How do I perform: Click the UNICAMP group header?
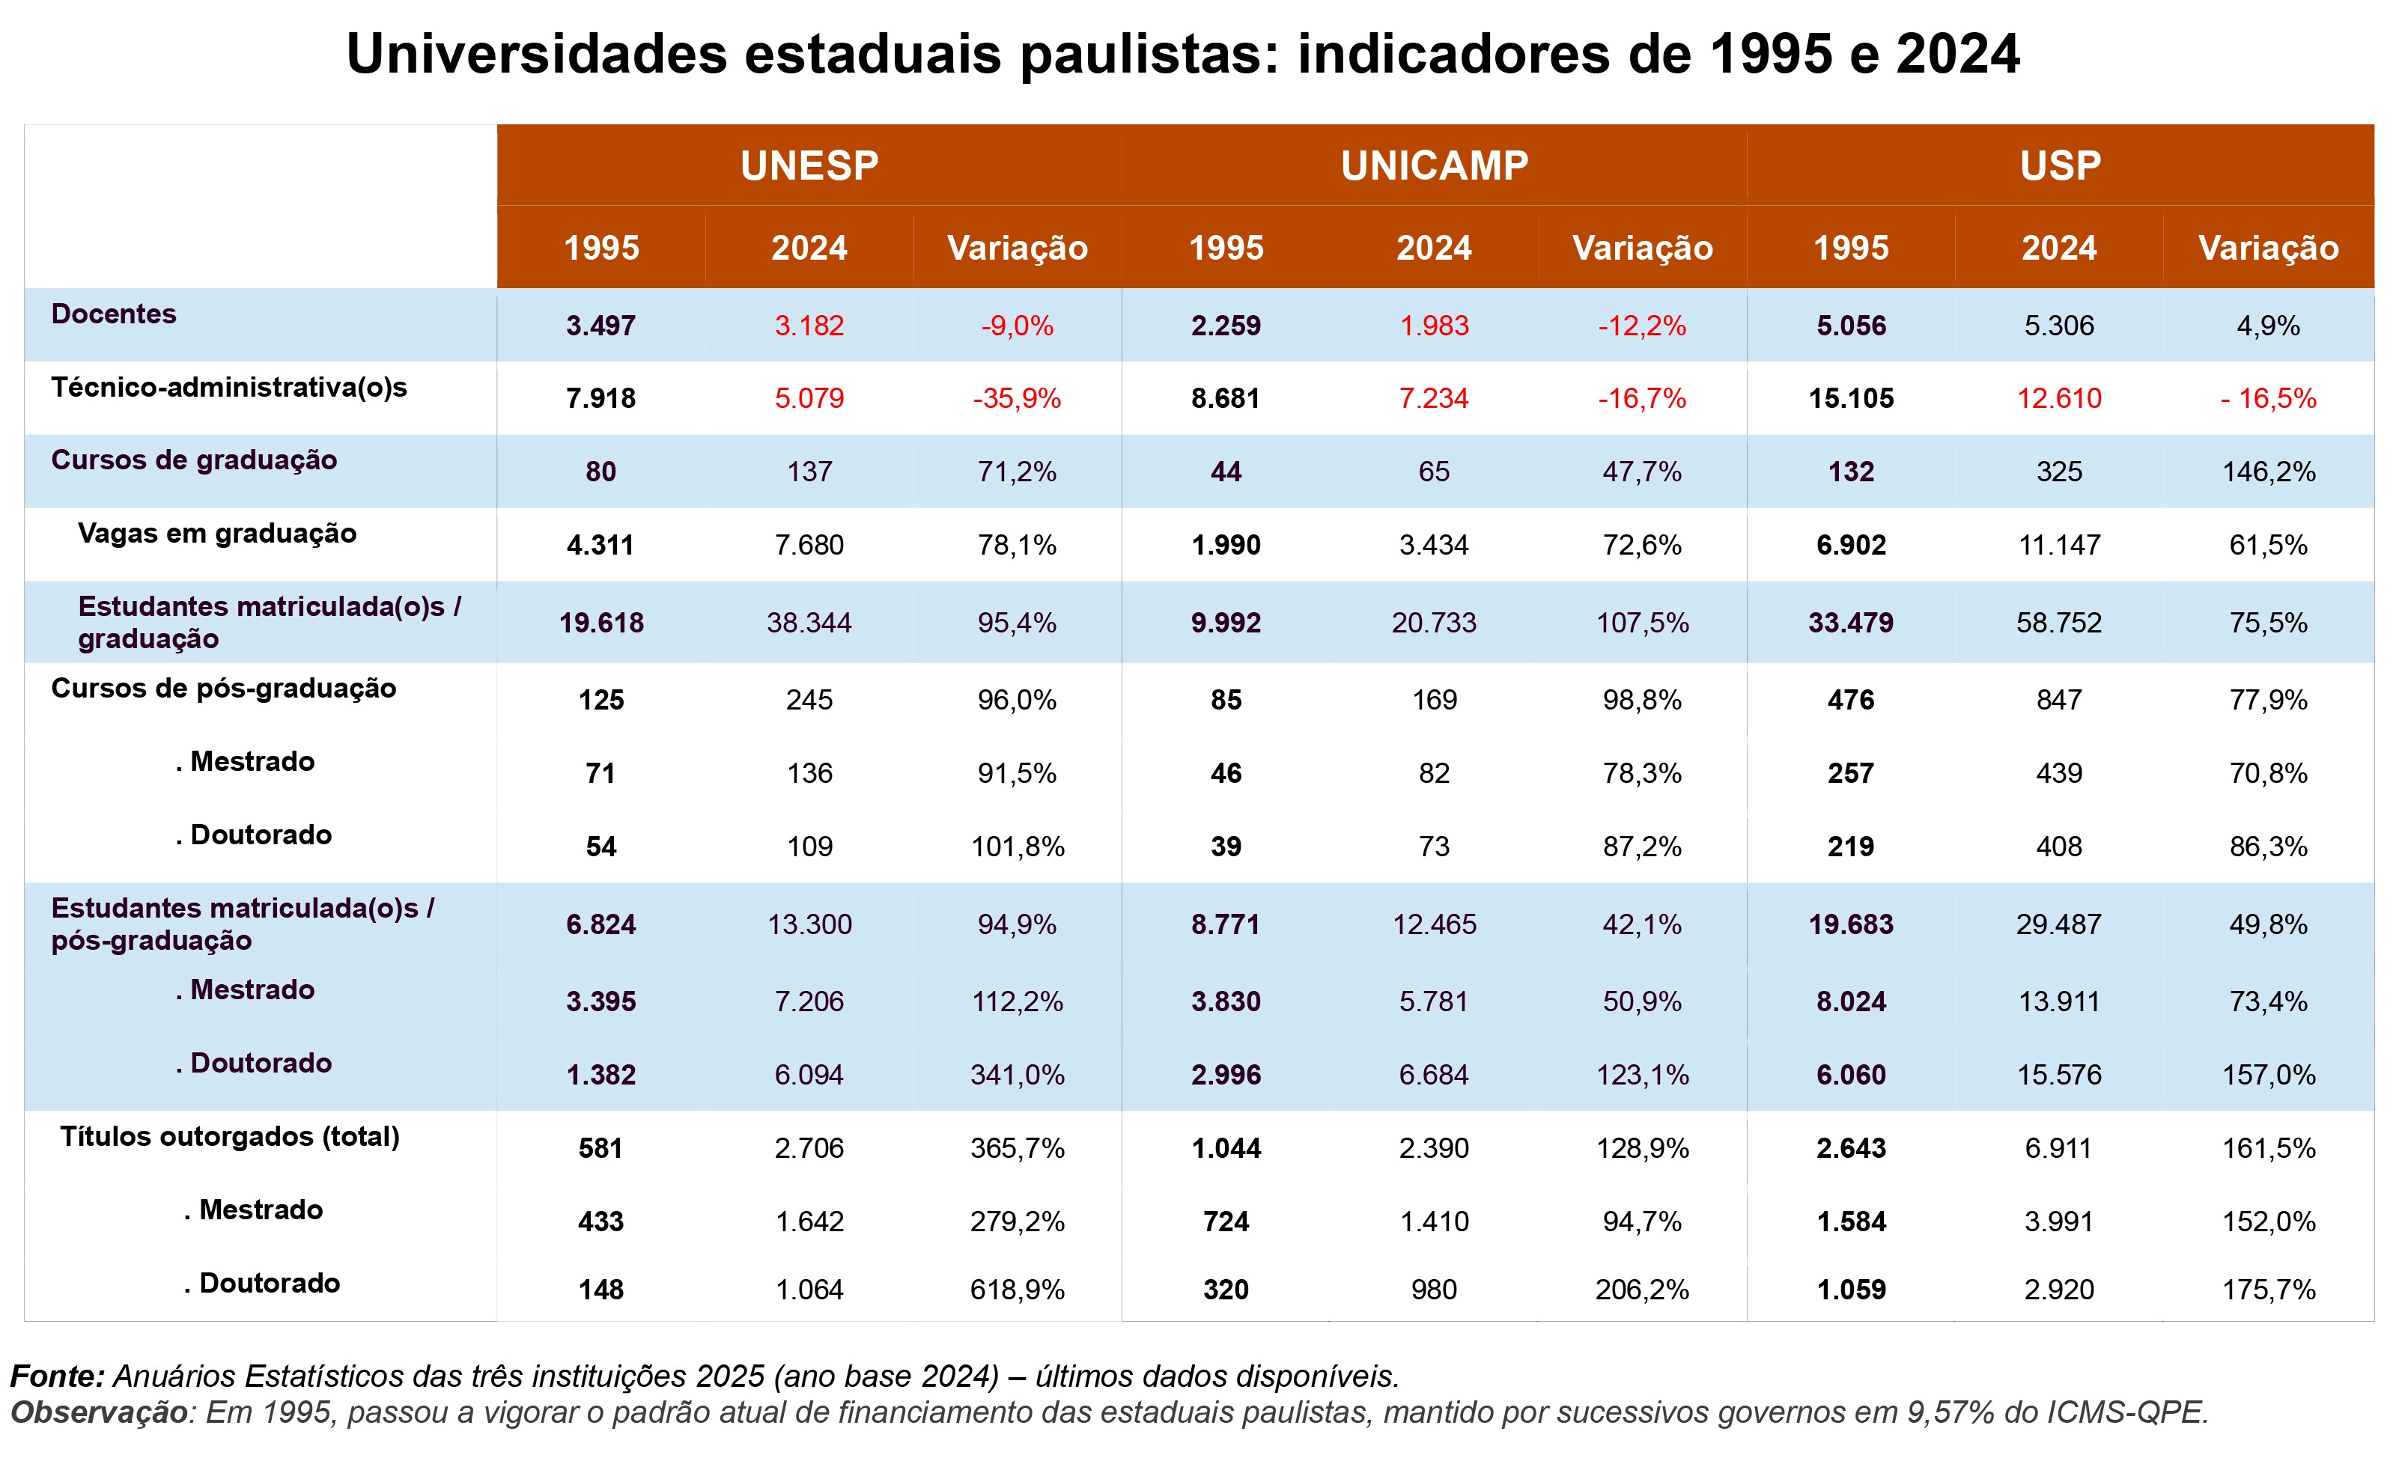1434,165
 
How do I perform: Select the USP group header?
2060,165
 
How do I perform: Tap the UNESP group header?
809,165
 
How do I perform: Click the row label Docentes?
114,314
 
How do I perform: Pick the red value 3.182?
809,326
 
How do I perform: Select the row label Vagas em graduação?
216,533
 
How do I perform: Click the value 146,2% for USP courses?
2269,472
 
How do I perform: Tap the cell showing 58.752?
2059,623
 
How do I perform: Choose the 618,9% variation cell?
1017,1290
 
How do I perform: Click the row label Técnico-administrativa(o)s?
229,387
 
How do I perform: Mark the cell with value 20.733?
1434,623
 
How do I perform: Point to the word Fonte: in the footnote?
58,1376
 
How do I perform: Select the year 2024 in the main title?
1957,54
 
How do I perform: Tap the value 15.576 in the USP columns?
2059,1075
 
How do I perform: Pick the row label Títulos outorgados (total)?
230,1136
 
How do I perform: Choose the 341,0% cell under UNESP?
1017,1075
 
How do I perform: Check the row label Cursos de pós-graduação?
223,688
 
